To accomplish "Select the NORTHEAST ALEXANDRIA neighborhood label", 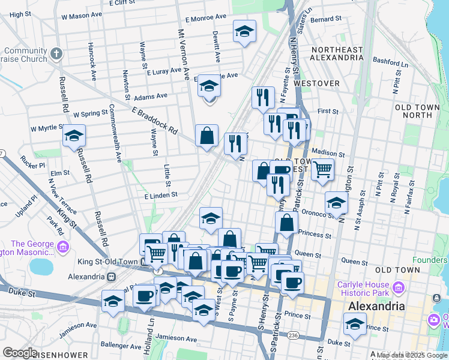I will pos(336,53).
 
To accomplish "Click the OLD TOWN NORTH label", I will pos(421,110).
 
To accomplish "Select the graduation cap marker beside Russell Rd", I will pos(74,136).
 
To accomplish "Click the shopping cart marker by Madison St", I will pos(323,170).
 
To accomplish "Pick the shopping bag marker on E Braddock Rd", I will pos(206,136).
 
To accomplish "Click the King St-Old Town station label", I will pos(109,262).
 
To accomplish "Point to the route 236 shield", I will pos(292,335).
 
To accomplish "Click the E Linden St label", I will pos(160,195).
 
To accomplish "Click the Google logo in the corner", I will pos(20,352).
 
